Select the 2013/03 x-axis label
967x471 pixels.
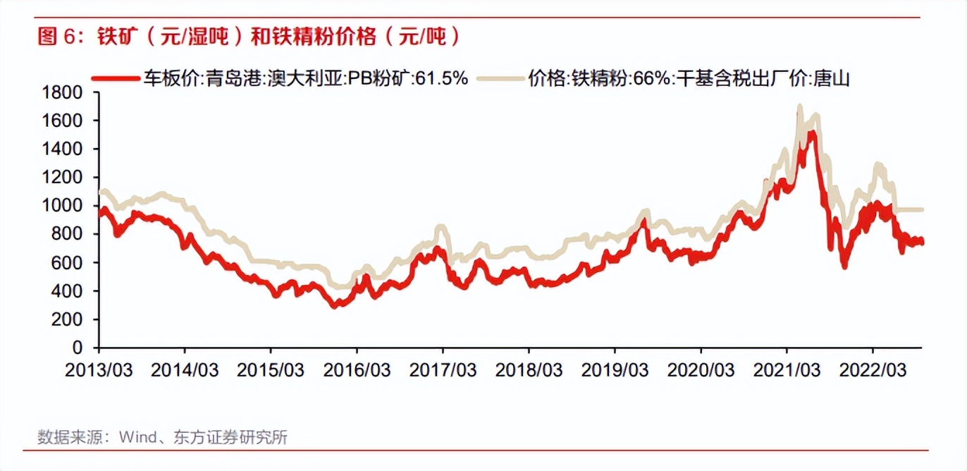[x=99, y=369]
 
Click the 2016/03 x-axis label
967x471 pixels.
[x=357, y=369]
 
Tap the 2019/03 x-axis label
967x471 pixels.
[x=615, y=369]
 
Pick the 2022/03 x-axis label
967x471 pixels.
[x=873, y=369]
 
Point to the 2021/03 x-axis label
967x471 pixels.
[x=787, y=369]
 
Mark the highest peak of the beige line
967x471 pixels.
[x=799, y=107]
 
